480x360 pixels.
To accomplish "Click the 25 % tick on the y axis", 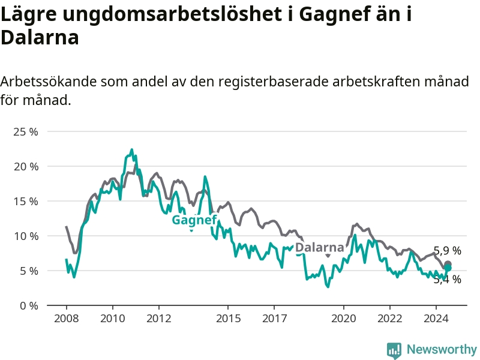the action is click(x=26, y=132).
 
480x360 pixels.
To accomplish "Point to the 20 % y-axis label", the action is click(x=26, y=167).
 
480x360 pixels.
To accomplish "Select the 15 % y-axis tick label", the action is click(x=26, y=202).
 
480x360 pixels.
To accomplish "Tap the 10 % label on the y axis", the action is click(x=26, y=236).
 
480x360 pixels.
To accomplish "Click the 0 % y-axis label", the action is click(x=29, y=306).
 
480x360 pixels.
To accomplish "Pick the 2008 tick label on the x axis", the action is click(x=66, y=319).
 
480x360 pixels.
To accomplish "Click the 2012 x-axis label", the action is click(x=158, y=319).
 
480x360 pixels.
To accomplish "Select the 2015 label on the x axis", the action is click(x=228, y=319).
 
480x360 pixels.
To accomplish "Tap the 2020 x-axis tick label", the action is click(x=343, y=319).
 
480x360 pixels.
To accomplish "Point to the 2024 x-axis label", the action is click(x=436, y=319).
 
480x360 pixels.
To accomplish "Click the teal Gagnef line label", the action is click(x=194, y=220).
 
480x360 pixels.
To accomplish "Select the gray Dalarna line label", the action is click(x=320, y=247).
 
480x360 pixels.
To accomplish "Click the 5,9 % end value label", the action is click(x=447, y=251).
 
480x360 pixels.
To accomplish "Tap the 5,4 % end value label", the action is click(x=447, y=279).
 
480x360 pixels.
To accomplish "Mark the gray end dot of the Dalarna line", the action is click(x=448, y=264).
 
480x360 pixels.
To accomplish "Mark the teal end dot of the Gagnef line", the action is click(x=448, y=268).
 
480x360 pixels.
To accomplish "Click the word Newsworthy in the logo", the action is click(x=442, y=349).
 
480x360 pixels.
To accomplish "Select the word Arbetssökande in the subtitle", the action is click(x=49, y=82).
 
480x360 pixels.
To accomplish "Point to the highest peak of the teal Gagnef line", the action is click(x=132, y=149).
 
